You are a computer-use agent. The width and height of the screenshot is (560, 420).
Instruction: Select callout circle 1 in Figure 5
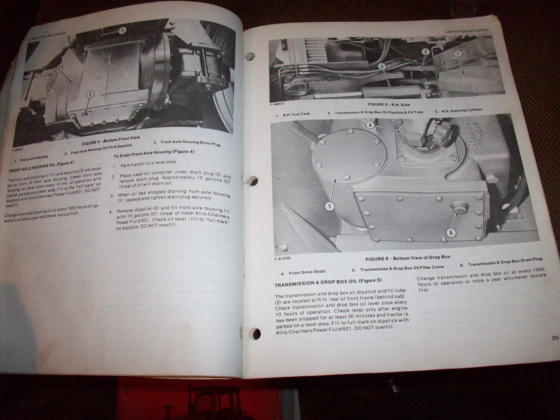click(458, 54)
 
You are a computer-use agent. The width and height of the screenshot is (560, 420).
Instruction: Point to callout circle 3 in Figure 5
click(382, 66)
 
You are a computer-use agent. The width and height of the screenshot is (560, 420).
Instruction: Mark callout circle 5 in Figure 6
click(329, 206)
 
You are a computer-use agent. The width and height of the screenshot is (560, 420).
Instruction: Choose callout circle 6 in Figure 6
click(451, 232)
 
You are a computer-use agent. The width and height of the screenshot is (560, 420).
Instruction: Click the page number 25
click(555, 338)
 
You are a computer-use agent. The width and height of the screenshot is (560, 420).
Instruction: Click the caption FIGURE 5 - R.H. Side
click(388, 104)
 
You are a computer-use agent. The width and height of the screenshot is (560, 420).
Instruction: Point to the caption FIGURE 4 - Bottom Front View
click(111, 141)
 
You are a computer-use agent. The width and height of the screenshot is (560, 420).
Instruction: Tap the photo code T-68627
click(278, 104)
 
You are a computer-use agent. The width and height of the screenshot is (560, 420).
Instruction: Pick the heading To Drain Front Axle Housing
click(154, 153)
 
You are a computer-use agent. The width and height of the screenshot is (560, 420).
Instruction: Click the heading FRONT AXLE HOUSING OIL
click(41, 166)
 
